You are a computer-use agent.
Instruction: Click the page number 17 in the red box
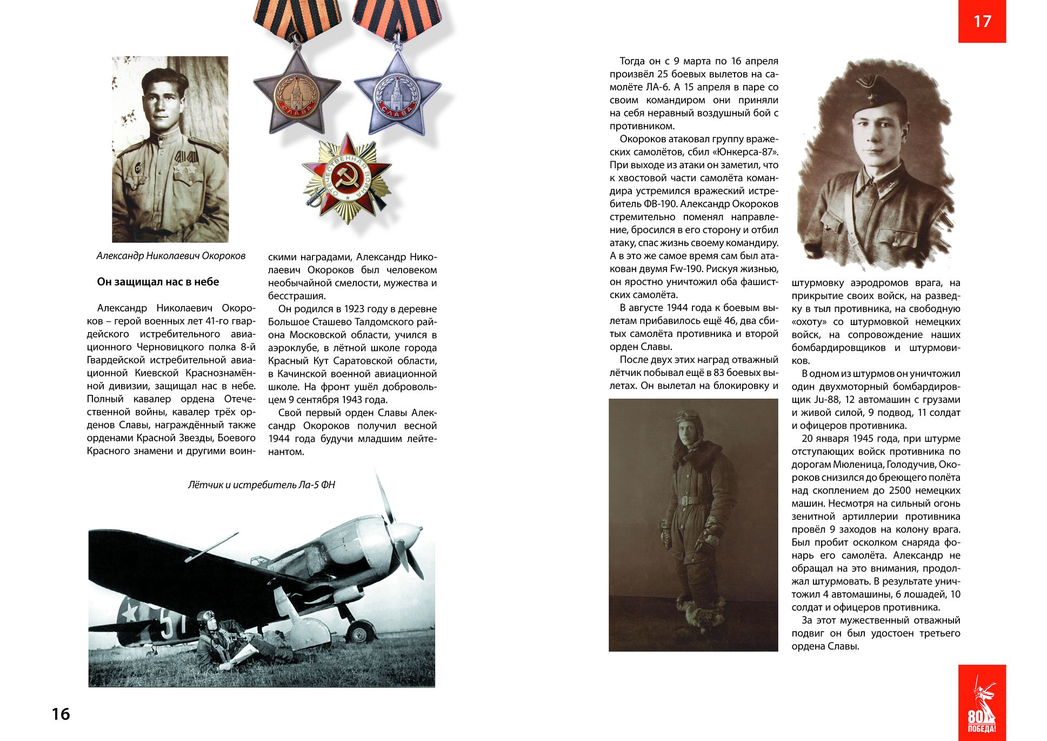click(x=982, y=21)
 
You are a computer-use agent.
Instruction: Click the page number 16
click(x=61, y=714)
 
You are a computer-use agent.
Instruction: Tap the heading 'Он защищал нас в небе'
click(x=158, y=282)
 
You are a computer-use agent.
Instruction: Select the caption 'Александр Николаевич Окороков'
click(x=171, y=256)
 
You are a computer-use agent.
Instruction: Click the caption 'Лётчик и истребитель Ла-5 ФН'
click(x=261, y=485)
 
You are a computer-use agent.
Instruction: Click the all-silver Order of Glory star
click(x=398, y=95)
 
